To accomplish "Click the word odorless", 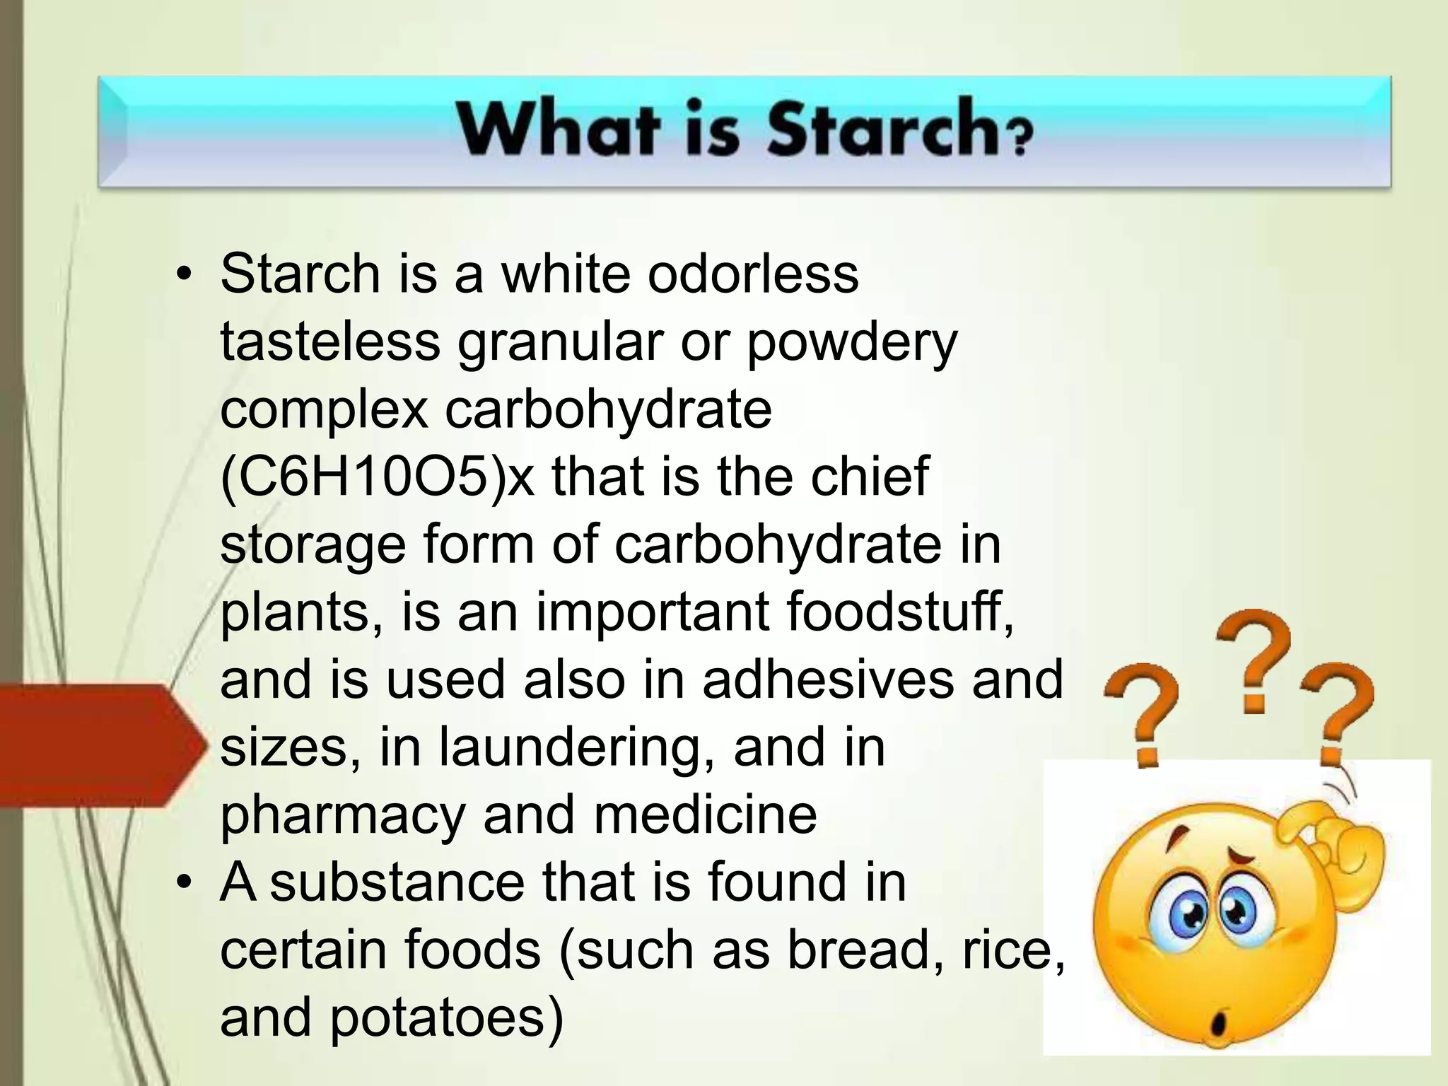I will click(753, 274).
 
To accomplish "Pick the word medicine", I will click(705, 814).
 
